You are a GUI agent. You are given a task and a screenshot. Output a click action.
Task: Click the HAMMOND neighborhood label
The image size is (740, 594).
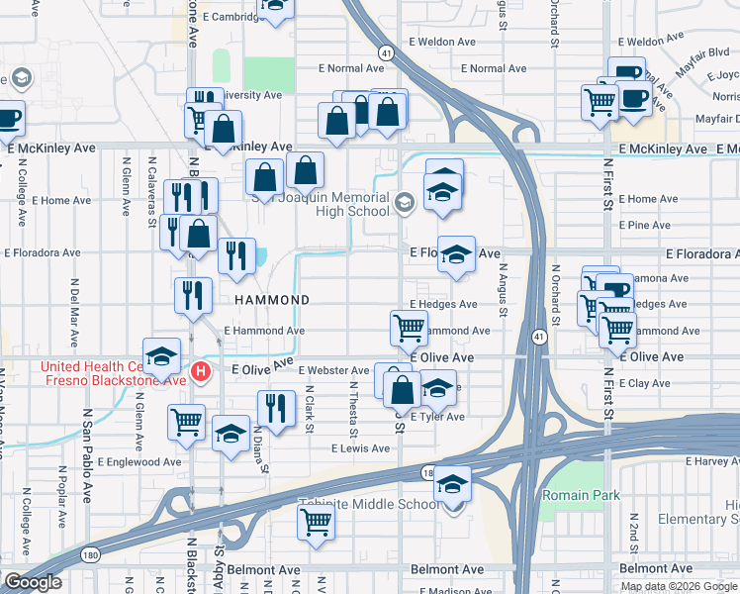pos(272,299)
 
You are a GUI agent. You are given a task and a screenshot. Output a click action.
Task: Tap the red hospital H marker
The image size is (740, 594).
pos(201,372)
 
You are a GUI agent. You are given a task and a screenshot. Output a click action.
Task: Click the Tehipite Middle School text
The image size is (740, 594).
pos(370,504)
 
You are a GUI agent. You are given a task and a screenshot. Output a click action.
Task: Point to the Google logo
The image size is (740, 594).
pos(32,583)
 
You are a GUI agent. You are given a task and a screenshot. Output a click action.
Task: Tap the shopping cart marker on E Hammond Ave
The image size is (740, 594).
pos(409,326)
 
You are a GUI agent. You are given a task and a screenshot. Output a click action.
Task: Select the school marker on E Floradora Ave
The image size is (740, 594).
pos(456,254)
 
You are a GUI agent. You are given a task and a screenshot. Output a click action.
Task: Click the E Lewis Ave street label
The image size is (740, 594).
pos(361,448)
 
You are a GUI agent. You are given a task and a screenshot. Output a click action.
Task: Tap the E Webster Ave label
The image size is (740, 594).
pos(339,370)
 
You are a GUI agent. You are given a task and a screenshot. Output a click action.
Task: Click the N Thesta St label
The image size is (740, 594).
pos(353,410)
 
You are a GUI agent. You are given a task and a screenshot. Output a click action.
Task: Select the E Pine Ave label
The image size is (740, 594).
pos(644,226)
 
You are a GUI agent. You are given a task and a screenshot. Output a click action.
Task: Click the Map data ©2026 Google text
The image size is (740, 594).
pos(678,586)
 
